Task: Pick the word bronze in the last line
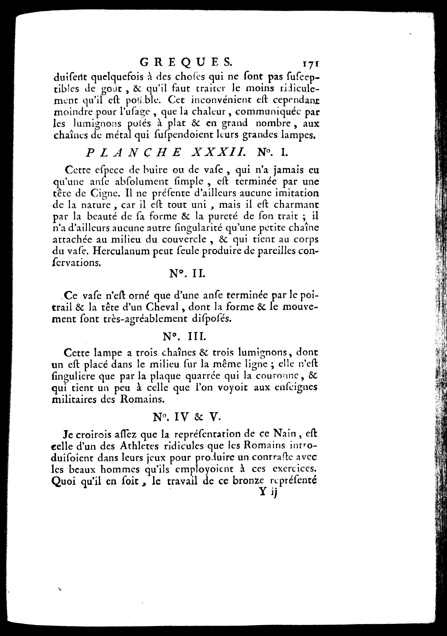click(248, 481)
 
